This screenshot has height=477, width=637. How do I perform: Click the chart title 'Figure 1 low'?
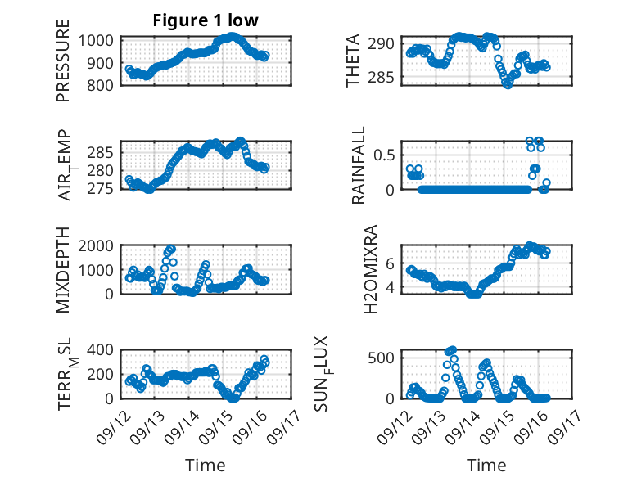(206, 20)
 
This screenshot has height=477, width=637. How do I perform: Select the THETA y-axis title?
(353, 61)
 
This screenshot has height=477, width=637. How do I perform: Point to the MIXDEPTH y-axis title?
(63, 269)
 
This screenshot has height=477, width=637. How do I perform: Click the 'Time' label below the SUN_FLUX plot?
(486, 465)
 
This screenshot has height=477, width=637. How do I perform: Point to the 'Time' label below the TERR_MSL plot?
(206, 465)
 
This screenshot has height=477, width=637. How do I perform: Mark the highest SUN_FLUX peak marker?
(452, 350)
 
